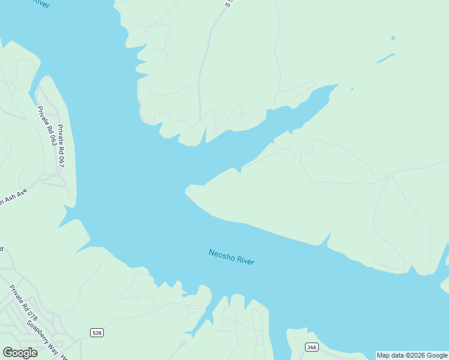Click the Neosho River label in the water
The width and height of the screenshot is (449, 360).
[232, 257]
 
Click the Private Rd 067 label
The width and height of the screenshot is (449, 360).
[61, 146]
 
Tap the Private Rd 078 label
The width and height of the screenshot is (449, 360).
[23, 303]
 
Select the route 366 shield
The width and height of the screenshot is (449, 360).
[311, 347]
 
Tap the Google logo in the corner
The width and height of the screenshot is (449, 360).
[20, 353]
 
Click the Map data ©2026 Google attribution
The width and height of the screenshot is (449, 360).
[412, 355]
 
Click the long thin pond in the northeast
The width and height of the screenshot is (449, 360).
[385, 58]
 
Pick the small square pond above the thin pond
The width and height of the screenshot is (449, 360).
[393, 38]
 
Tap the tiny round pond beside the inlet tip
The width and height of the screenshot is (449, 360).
[352, 89]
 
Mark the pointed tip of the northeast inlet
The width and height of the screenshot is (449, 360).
[337, 86]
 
